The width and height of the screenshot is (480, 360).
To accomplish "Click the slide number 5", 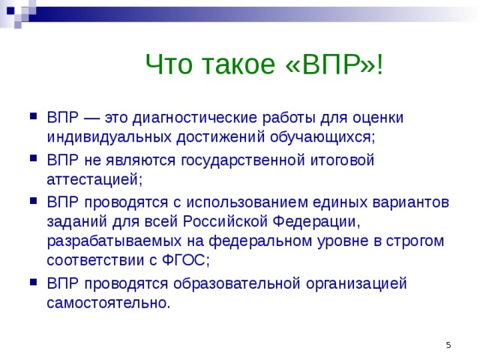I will pos(448,344).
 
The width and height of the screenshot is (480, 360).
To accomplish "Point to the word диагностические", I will pos(190,118).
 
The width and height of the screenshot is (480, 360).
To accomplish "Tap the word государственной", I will pos(235,160).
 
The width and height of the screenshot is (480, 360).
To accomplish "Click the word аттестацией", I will pos(93,179).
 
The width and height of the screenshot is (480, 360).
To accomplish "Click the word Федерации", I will pos(316,221).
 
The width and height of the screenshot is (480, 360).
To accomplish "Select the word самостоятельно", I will pos(108,302).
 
